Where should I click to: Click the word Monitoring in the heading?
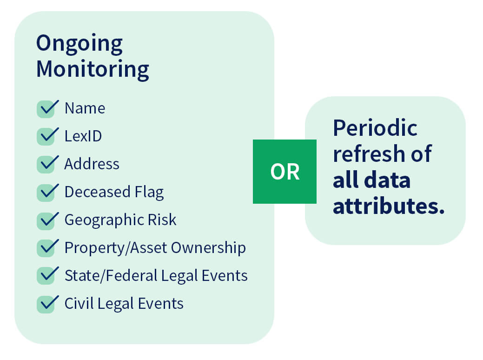click(93, 70)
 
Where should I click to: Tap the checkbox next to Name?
click(46, 109)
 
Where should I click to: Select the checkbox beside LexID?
click(46, 137)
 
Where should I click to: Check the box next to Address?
click(46, 165)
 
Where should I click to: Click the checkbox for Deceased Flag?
click(46, 193)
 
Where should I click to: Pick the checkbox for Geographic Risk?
click(46, 220)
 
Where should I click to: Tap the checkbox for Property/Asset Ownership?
click(46, 248)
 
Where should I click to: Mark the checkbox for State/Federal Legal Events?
click(46, 276)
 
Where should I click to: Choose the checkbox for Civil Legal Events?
click(46, 304)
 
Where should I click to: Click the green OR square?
click(285, 172)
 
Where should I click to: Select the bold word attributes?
click(389, 206)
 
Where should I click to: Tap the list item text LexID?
click(83, 136)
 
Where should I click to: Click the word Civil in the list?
click(75, 304)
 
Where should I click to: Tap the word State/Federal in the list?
click(110, 276)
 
